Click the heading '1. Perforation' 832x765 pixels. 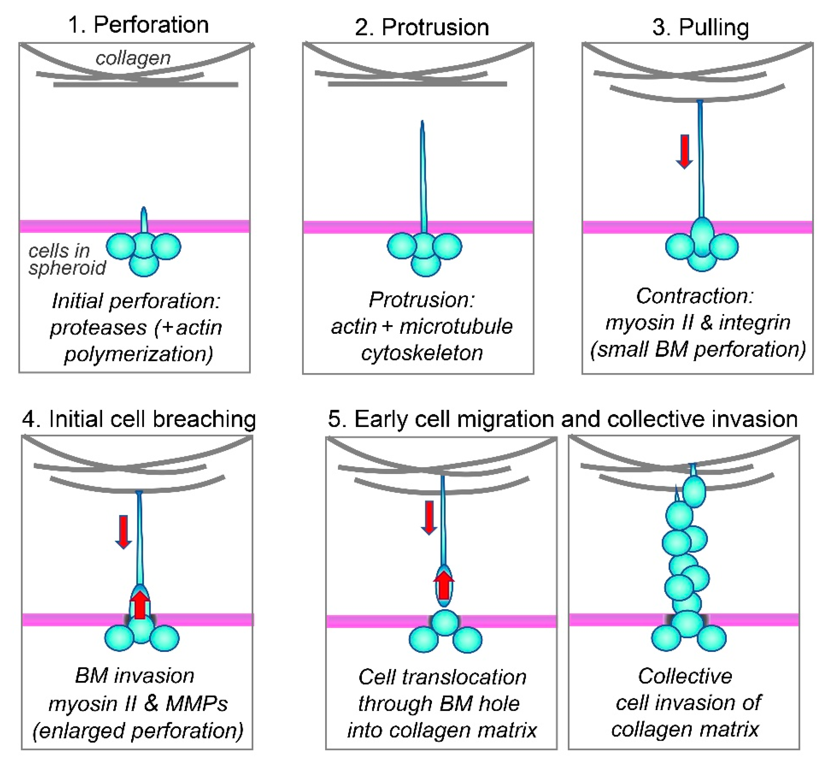(138, 25)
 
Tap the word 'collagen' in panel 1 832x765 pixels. (133, 58)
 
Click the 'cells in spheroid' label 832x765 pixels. (66, 260)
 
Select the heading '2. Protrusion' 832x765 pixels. (422, 27)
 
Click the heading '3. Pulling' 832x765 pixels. (701, 27)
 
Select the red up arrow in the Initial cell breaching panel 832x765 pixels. (140, 605)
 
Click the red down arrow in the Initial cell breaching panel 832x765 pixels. (123, 532)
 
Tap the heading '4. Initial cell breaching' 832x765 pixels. (139, 419)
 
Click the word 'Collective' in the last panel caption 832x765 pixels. (685, 676)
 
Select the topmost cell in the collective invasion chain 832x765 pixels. (694, 491)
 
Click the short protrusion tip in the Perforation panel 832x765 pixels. (144, 211)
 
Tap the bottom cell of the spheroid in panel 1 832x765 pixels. (144, 265)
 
